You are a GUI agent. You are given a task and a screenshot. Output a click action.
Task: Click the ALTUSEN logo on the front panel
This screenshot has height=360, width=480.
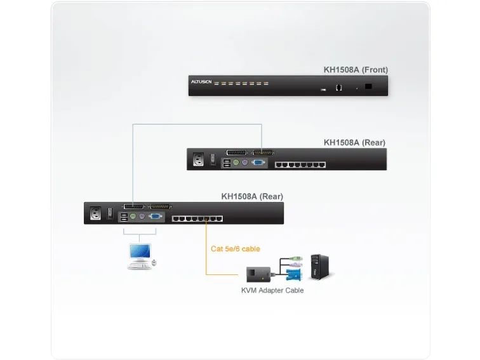click(x=201, y=82)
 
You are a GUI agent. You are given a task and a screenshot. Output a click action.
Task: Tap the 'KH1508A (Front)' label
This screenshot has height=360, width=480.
click(x=355, y=70)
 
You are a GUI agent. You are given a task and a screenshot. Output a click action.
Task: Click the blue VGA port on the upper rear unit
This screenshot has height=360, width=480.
click(x=258, y=163)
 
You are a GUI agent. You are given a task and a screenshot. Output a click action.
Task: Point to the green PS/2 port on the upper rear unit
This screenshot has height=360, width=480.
click(x=235, y=163)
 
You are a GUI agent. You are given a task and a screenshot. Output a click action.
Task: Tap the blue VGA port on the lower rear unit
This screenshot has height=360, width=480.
click(x=155, y=217)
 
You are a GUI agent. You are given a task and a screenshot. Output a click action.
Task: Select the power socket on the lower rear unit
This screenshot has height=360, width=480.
click(x=97, y=213)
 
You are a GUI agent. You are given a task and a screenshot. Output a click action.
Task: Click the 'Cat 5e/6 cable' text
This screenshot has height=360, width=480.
click(x=235, y=249)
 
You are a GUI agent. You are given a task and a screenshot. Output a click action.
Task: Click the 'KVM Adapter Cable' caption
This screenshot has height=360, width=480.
click(x=272, y=291)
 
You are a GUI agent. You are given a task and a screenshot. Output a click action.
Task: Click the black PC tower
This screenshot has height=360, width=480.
click(x=319, y=267)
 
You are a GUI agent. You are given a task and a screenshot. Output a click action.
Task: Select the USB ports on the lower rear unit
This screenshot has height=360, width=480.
click(x=123, y=217)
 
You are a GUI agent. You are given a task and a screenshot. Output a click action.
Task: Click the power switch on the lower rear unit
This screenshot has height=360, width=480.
click(x=110, y=211)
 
